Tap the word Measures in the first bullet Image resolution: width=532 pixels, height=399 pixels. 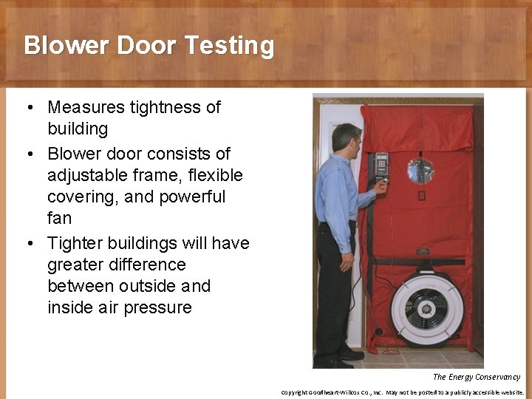point(85,107)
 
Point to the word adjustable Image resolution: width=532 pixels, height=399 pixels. point(83,176)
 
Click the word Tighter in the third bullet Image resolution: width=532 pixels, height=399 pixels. point(75,243)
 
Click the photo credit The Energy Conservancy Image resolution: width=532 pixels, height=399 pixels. point(477,377)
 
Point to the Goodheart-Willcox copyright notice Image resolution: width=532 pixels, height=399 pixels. point(402,392)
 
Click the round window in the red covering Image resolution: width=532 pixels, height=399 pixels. point(421,171)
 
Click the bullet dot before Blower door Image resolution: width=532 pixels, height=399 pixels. point(28,154)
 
